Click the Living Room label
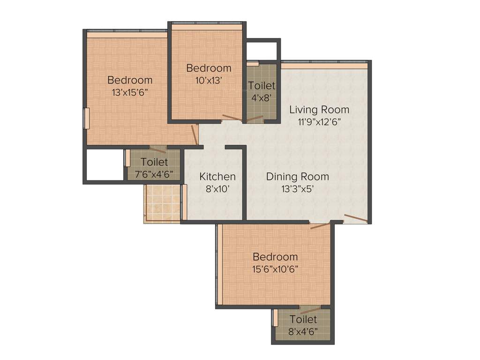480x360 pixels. pos(319,110)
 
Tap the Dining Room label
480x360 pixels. pos(297,177)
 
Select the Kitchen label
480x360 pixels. pos(217,177)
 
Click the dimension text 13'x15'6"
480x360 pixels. pos(130,92)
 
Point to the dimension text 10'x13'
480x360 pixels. pos(209,80)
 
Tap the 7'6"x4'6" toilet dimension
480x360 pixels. pos(154,174)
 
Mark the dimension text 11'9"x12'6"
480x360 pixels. pos(319,122)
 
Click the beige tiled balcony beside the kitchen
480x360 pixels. pos(163,203)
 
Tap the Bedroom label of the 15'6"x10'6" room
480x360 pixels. pos(275,257)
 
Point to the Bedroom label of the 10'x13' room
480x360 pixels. pos(209,68)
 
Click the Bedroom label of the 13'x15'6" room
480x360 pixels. pos(130,80)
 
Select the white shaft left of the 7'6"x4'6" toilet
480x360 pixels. pos(105,164)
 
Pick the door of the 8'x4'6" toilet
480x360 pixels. pos(310,310)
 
